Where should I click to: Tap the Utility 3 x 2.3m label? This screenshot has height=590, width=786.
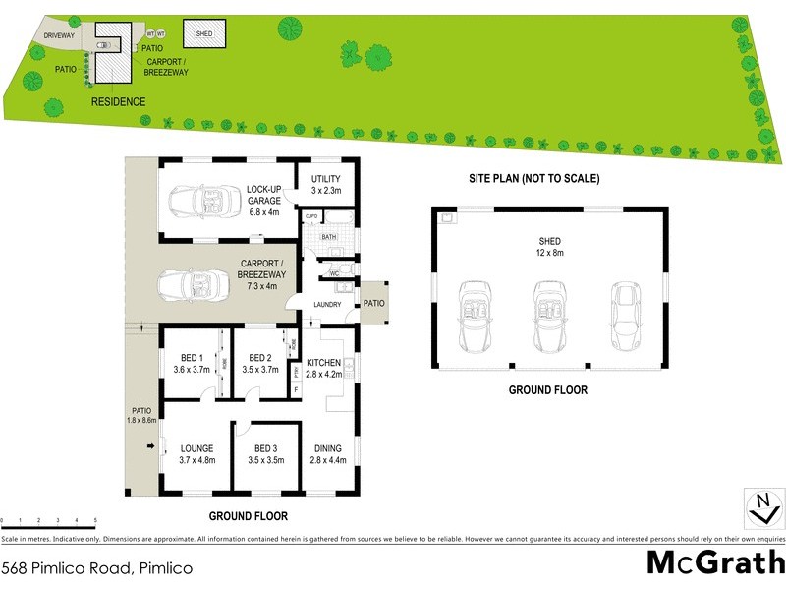324,184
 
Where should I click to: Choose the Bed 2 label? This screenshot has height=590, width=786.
259,364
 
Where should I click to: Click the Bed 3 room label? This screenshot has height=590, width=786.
259,453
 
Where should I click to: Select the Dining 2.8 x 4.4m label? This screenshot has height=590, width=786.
328,453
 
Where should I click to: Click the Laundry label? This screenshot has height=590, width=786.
327,305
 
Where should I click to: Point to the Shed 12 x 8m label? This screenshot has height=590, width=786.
549,246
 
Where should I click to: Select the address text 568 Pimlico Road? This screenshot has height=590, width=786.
96,568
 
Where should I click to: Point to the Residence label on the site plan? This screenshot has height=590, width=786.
118,102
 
